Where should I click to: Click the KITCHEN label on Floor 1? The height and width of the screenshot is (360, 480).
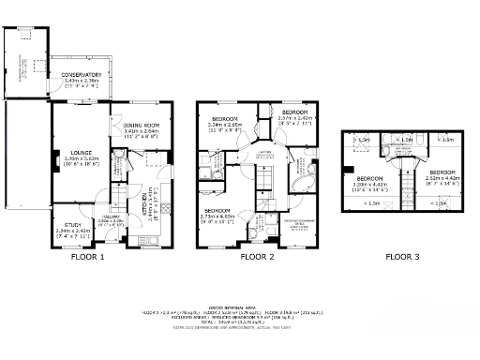[132, 214]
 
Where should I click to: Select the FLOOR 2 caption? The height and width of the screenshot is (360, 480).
[257, 256]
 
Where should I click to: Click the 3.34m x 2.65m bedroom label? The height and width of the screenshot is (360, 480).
[224, 120]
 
